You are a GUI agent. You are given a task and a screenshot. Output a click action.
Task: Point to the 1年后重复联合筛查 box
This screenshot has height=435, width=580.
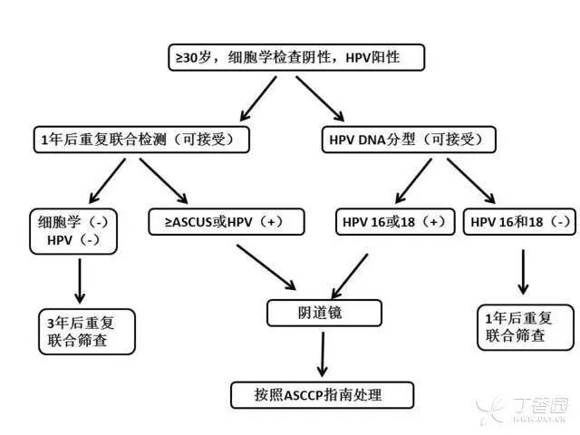525,327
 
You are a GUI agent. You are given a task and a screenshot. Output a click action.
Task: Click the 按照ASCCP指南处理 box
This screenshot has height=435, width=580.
322,394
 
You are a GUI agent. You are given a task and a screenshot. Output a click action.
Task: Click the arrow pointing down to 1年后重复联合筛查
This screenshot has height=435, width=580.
523,271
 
